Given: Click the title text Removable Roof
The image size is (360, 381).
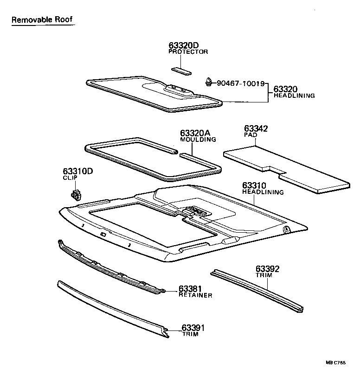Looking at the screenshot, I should (42, 20).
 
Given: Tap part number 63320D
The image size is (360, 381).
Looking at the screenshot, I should (183, 45).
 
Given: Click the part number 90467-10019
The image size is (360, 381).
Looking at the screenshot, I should (241, 84).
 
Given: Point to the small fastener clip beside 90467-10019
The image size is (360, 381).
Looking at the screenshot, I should (210, 83).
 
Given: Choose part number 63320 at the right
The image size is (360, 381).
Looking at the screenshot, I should (285, 89).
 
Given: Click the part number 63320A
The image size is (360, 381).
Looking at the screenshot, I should (195, 133).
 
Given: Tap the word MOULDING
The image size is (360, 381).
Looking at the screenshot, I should (198, 139).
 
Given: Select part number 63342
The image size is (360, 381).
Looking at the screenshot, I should (256, 128).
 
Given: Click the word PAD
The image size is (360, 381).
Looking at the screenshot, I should (251, 134).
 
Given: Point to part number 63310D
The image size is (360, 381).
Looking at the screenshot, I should (78, 171).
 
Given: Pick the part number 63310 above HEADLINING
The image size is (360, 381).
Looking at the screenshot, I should (254, 185).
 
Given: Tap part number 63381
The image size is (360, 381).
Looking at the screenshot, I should (191, 289).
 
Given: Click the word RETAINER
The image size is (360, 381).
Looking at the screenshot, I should (195, 295).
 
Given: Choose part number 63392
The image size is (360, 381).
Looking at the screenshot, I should (267, 269).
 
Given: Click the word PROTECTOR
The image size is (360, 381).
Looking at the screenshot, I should (188, 51).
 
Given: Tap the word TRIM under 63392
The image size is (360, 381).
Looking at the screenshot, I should (264, 275).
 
